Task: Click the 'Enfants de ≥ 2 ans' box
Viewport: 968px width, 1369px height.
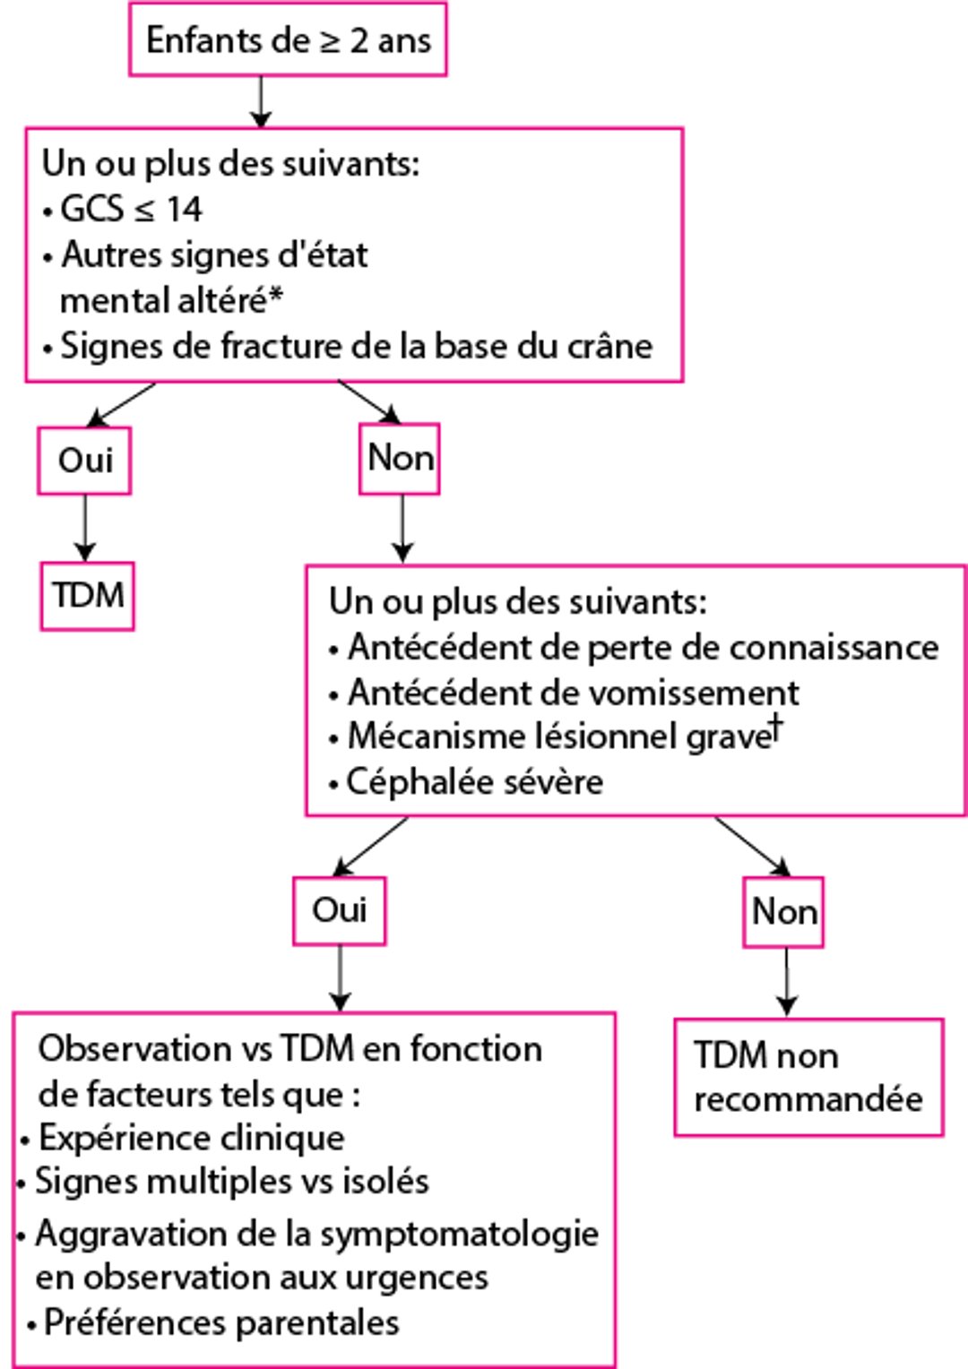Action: pyautogui.click(x=288, y=40)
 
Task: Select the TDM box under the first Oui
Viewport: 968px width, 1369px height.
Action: pyautogui.click(x=87, y=596)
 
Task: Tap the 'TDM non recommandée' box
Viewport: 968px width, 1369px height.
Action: pyautogui.click(x=808, y=1077)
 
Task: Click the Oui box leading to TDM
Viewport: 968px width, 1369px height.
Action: pyautogui.click(x=84, y=461)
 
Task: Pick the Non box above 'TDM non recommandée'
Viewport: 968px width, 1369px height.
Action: pyautogui.click(x=783, y=912)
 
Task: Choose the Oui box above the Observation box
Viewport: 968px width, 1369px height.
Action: pyautogui.click(x=339, y=910)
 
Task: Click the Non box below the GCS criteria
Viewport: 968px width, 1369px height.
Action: pyautogui.click(x=400, y=459)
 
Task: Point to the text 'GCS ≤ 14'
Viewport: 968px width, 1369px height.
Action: pyautogui.click(x=131, y=210)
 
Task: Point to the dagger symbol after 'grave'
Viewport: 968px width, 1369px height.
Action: pyautogui.click(x=776, y=727)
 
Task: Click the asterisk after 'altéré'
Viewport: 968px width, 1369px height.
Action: pyautogui.click(x=276, y=297)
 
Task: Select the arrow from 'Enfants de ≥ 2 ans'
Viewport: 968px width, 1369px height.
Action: pyautogui.click(x=261, y=101)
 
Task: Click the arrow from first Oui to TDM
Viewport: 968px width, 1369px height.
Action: pyautogui.click(x=85, y=528)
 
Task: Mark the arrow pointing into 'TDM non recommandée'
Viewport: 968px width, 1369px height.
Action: pyautogui.click(x=786, y=982)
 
